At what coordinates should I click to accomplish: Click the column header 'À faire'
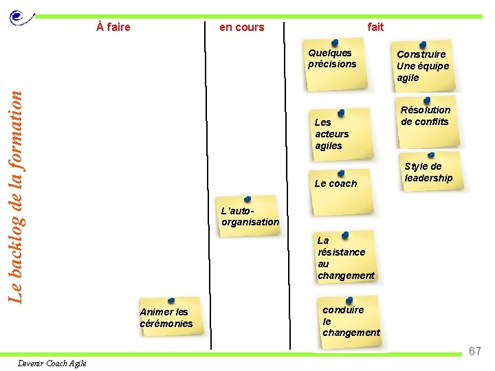113,27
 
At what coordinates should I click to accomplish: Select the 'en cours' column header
241,27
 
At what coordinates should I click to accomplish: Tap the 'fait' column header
375,27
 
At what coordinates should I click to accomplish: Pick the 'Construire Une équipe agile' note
423,67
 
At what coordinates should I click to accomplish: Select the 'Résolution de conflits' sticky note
426,118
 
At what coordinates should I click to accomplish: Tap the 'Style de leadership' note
429,173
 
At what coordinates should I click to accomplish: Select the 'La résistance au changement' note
345,258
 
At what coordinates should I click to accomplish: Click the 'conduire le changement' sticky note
350,322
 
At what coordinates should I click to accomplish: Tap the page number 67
474,352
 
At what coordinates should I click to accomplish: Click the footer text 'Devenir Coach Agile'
52,363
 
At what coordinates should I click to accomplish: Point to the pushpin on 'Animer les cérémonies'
171,301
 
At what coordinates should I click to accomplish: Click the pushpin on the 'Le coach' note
341,173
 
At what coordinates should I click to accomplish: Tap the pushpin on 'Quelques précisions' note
334,43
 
